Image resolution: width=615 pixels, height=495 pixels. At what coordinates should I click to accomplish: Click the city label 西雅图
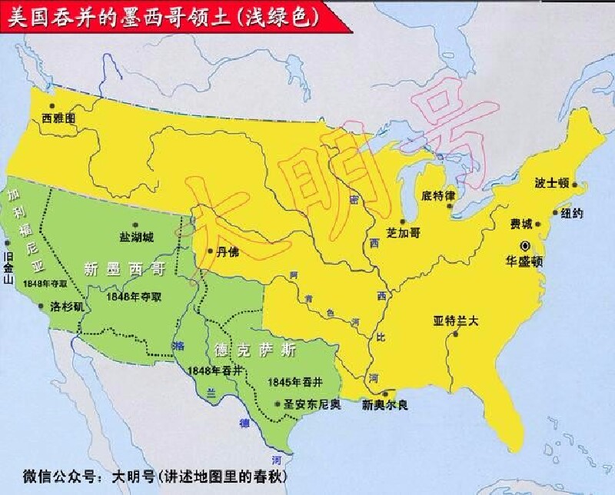tap(59, 119)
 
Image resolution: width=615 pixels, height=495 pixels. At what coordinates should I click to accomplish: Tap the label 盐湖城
tap(136, 236)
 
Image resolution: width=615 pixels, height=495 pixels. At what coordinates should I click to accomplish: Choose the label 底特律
tap(439, 196)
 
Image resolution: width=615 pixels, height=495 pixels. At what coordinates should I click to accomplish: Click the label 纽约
tap(572, 213)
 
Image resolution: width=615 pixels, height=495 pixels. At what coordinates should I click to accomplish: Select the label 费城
tap(520, 224)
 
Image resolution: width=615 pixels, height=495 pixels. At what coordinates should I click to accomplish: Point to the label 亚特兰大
tap(456, 321)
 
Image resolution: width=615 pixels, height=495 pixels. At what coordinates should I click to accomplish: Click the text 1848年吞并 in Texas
tap(214, 370)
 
